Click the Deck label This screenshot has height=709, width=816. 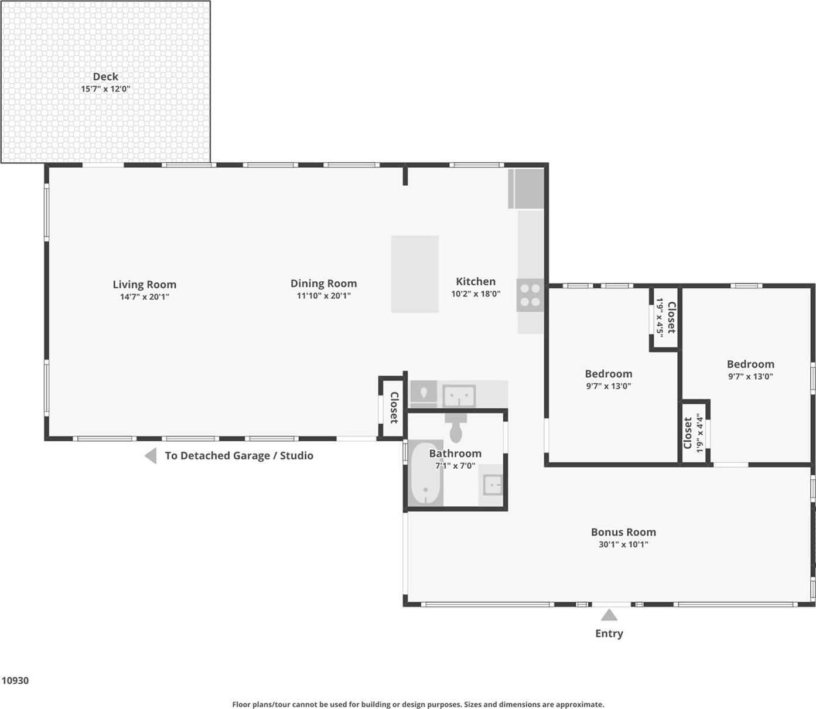105,77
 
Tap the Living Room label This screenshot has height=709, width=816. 144,285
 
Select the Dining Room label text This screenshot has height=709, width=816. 323,284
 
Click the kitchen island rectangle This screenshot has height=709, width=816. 414,274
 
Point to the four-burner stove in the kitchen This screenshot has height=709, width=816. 530,295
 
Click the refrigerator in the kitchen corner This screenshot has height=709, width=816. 526,189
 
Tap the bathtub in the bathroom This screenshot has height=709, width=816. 425,473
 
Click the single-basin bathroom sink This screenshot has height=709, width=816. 491,485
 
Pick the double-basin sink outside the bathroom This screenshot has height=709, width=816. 459,396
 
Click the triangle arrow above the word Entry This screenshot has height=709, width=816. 609,615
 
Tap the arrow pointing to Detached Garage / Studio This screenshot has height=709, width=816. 151,456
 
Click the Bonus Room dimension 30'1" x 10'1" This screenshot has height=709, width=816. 623,544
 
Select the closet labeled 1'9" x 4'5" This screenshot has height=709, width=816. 665,318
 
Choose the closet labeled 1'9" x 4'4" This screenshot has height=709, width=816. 694,432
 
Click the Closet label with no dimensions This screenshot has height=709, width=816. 393,407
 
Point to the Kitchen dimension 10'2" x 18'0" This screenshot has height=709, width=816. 475,294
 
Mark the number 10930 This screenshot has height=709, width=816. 15,680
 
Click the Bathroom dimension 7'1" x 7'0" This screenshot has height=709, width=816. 455,466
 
